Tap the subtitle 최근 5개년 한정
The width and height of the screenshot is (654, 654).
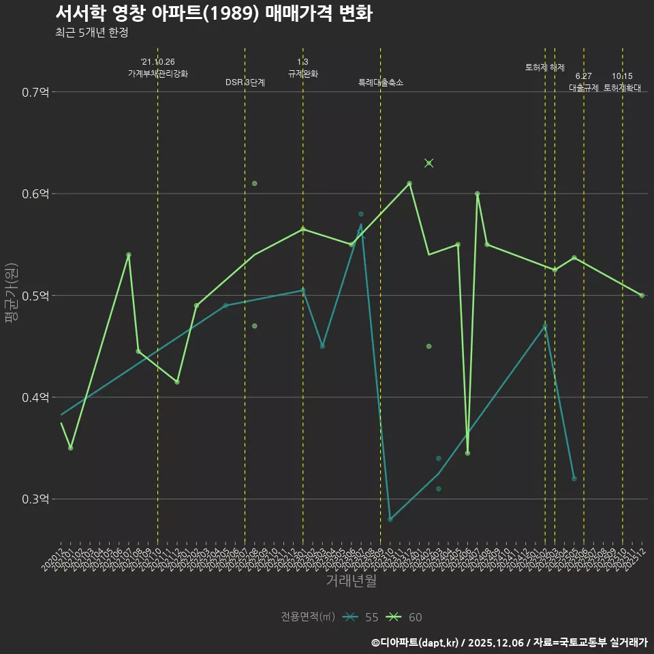(x=92, y=33)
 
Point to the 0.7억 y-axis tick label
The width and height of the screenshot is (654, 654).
(x=35, y=92)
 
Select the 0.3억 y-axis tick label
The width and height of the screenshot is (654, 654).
(x=35, y=499)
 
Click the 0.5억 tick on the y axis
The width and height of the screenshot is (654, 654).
(x=35, y=296)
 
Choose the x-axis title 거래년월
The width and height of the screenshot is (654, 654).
(x=351, y=581)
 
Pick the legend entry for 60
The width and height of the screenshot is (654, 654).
(x=405, y=617)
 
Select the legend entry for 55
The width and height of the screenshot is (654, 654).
(x=361, y=617)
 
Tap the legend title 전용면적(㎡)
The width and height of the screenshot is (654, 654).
(x=308, y=617)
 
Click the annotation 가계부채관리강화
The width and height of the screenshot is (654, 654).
(x=158, y=74)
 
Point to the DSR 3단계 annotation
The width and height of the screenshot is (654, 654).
(x=245, y=82)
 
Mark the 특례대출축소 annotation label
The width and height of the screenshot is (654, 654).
(x=381, y=82)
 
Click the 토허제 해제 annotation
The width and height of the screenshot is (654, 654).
(x=545, y=67)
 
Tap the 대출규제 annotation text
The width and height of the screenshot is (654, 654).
(x=584, y=88)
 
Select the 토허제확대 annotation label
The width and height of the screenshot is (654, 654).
(x=623, y=88)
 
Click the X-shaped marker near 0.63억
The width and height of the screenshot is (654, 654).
(x=429, y=163)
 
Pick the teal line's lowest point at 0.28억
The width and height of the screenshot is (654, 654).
(x=390, y=519)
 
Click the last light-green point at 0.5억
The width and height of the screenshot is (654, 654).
(x=642, y=296)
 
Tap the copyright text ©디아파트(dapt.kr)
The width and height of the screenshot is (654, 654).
(x=415, y=642)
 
